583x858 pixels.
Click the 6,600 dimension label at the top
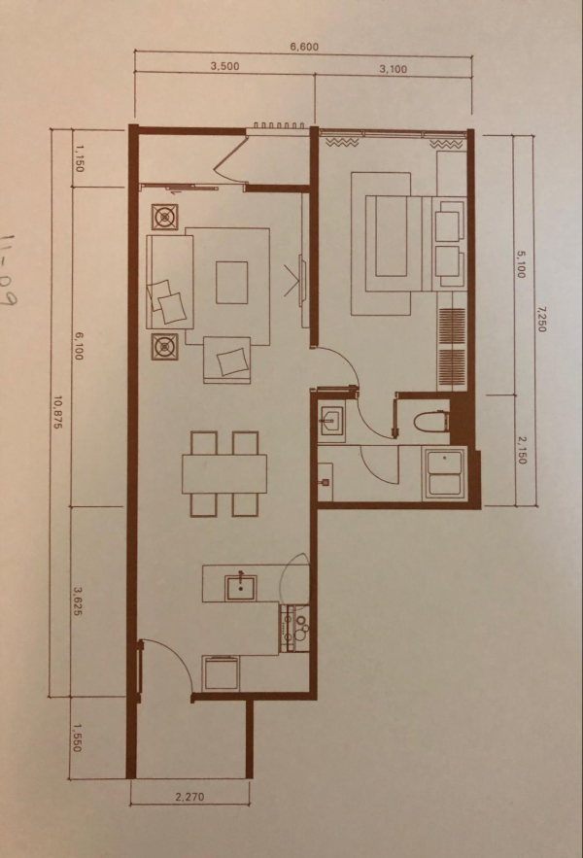point(304,47)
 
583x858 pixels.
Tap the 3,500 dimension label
point(225,66)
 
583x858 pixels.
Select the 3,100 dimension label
point(394,70)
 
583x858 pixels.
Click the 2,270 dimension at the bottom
point(189,797)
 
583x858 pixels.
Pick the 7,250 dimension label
point(541,319)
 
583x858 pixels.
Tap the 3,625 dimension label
point(77,601)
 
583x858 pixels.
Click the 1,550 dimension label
point(77,738)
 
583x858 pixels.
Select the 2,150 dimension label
point(521,450)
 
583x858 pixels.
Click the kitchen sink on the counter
point(241,587)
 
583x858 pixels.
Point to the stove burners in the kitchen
point(295,628)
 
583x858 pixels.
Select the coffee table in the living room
point(231,283)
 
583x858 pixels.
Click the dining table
point(225,474)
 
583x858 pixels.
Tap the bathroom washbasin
point(331,423)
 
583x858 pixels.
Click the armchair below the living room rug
point(227,360)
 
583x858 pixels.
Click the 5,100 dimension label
point(521,263)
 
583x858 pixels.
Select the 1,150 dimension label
point(80,158)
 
